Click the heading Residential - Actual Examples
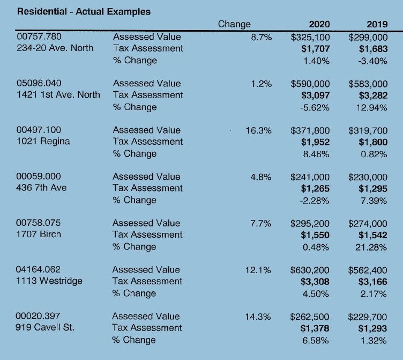(84, 12)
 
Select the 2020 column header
(319, 24)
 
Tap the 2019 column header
(377, 24)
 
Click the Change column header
(234, 24)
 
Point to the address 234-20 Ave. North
(55, 48)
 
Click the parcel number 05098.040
(39, 83)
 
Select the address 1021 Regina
(43, 141)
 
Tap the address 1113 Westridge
(49, 281)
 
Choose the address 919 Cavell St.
(44, 327)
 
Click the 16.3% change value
(258, 130)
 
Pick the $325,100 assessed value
(310, 38)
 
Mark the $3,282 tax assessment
(373, 95)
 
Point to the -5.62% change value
(315, 107)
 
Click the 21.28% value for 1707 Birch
(371, 247)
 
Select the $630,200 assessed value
(310, 270)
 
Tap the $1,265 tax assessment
(315, 189)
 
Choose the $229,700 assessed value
(368, 317)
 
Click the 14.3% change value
(258, 317)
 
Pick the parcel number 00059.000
(39, 177)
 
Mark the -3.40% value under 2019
(372, 61)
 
